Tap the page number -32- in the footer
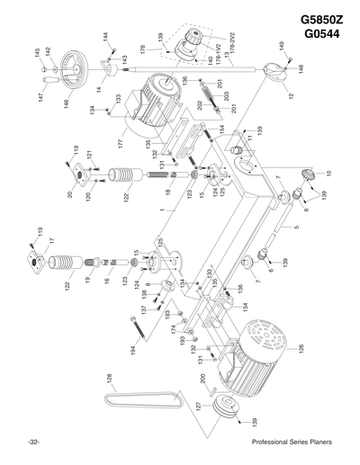tap(32, 443)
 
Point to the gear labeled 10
tap(305, 175)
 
